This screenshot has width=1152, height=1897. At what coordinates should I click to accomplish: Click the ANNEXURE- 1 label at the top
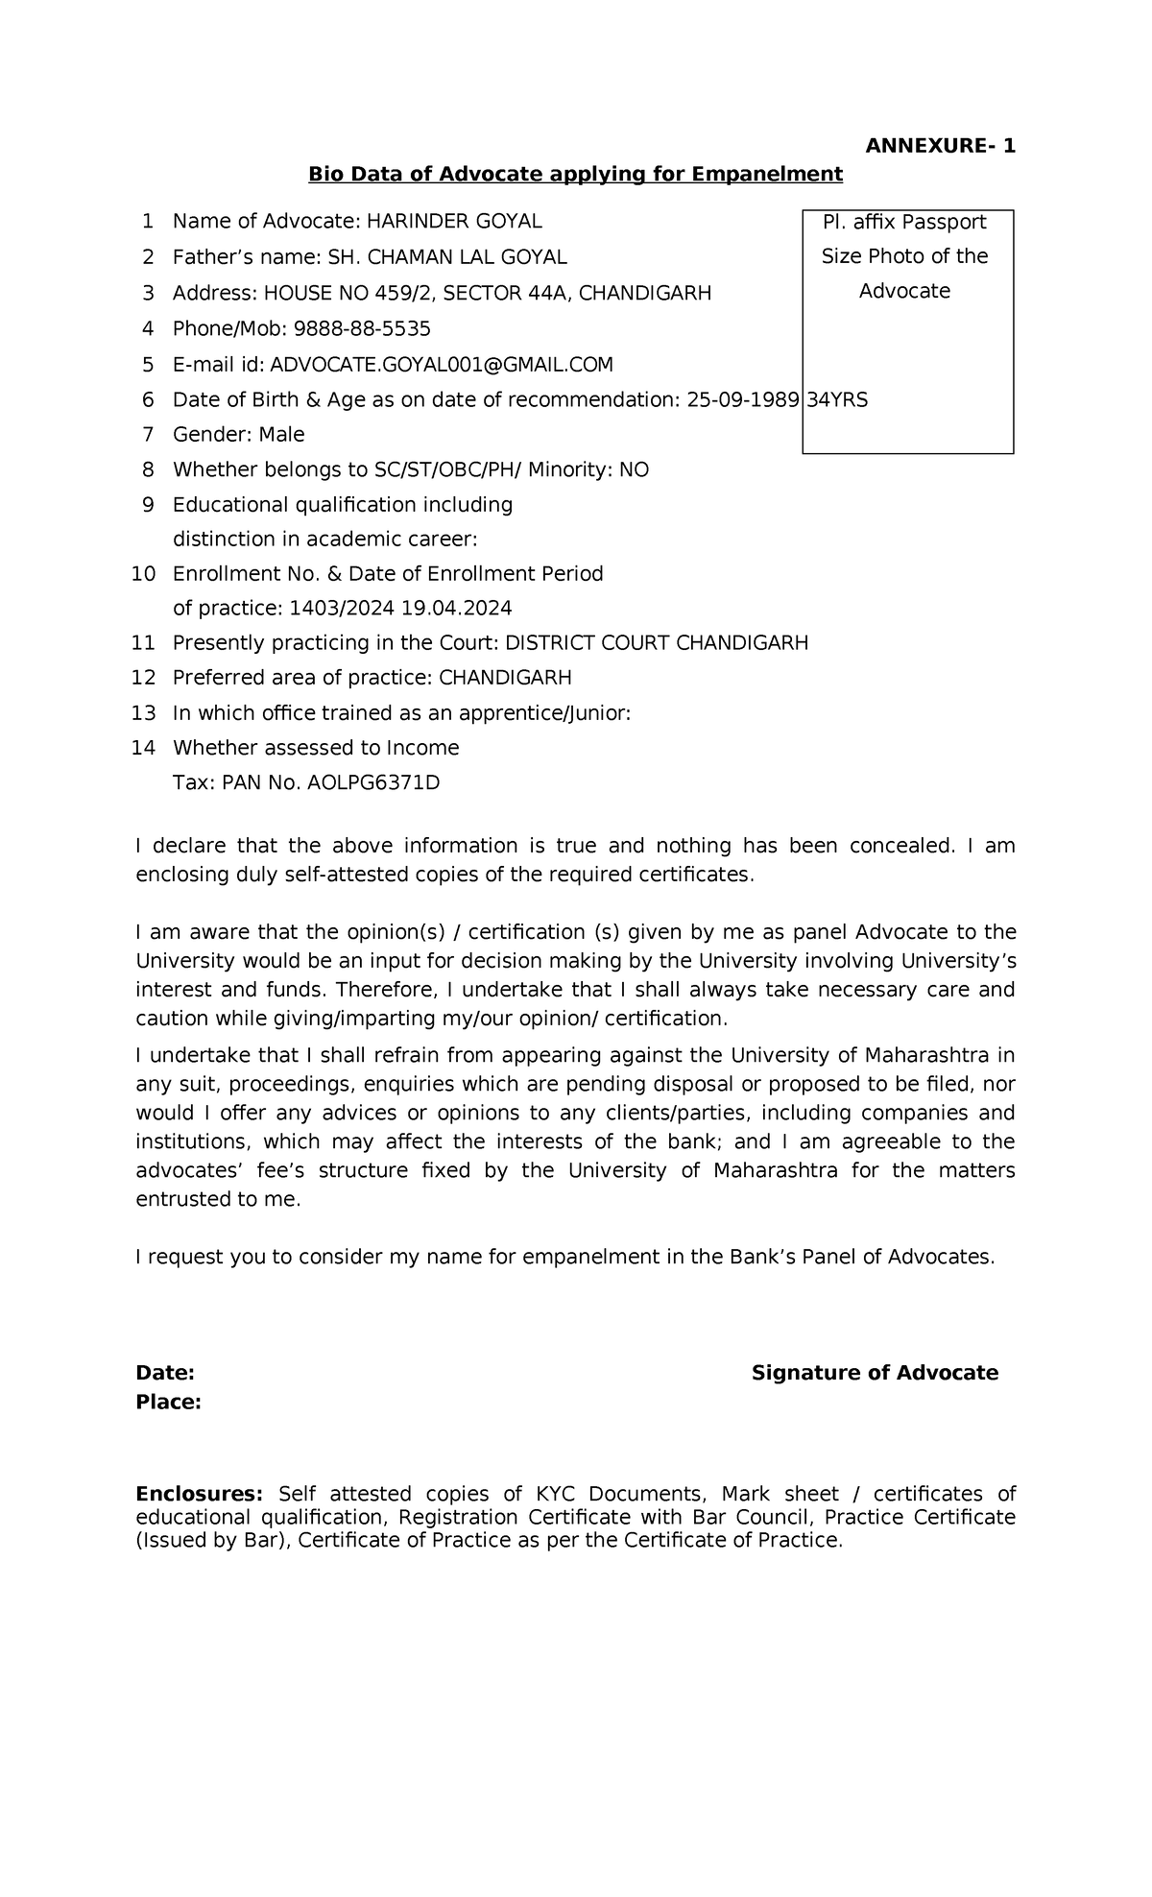click(x=940, y=146)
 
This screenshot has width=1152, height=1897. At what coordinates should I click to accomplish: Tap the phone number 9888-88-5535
click(x=362, y=329)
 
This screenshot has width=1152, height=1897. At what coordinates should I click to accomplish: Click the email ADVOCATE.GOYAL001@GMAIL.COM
click(x=442, y=365)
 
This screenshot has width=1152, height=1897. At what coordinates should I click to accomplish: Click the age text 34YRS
click(x=837, y=400)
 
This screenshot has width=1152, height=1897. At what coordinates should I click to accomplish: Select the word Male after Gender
click(x=281, y=435)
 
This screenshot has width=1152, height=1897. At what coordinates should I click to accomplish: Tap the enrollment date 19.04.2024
click(x=457, y=609)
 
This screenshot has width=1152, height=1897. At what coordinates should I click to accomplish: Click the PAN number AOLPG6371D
click(x=372, y=783)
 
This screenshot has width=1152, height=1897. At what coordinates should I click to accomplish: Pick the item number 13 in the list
click(x=144, y=713)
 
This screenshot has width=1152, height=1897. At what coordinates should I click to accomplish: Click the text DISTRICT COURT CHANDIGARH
click(x=657, y=643)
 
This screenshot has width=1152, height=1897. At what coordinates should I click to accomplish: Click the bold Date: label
click(x=165, y=1373)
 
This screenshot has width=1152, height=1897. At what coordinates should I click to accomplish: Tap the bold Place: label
click(x=168, y=1403)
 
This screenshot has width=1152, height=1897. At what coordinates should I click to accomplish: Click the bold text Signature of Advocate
click(x=875, y=1373)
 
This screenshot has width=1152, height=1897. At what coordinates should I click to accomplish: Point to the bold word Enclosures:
click(x=199, y=1494)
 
